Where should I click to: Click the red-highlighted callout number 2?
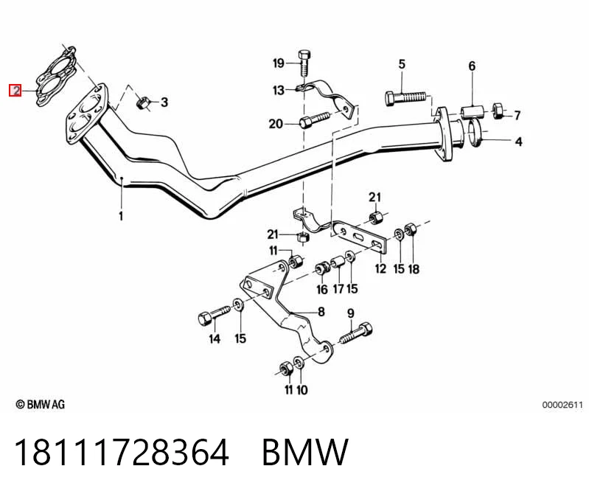[15, 90]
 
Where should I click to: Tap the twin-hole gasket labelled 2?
[56, 77]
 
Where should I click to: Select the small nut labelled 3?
[143, 102]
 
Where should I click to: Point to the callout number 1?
[121, 216]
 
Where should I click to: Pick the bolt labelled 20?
[315, 120]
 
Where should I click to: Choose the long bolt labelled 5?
[406, 98]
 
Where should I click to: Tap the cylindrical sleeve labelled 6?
[472, 111]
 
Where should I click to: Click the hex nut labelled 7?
[498, 110]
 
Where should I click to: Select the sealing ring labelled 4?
[475, 133]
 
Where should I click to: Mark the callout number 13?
[279, 90]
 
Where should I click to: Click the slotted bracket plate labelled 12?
[359, 237]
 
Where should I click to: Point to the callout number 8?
[321, 311]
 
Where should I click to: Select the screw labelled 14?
[215, 315]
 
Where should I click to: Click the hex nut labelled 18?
[409, 229]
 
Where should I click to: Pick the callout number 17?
[338, 288]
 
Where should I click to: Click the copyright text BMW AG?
[41, 404]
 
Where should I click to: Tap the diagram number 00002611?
[562, 405]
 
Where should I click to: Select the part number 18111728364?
[122, 452]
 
